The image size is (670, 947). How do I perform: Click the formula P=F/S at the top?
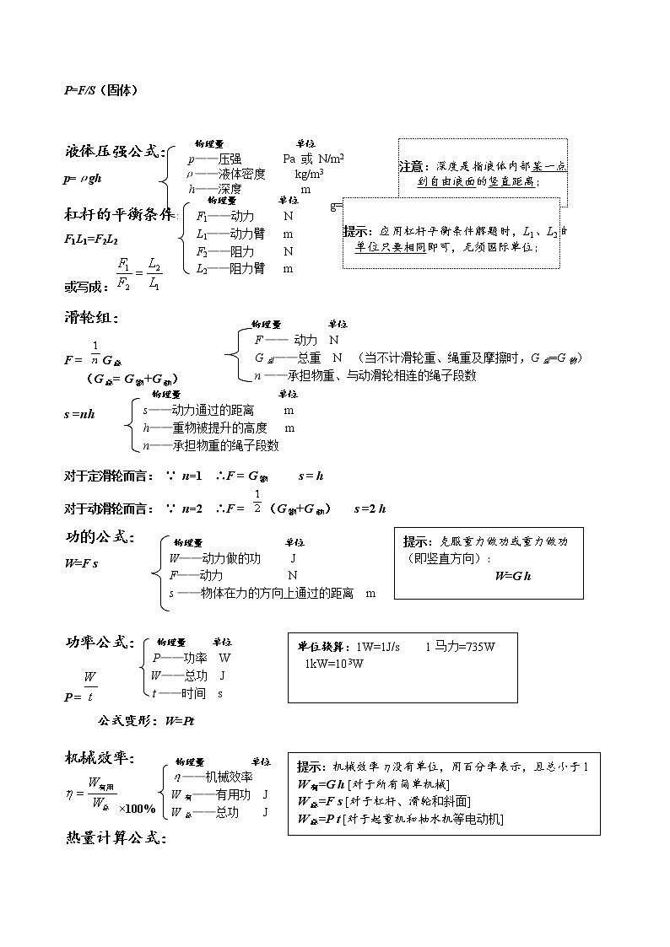(100, 90)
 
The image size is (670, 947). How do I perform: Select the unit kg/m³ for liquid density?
(309, 174)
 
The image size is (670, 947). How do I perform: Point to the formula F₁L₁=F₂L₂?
(91, 239)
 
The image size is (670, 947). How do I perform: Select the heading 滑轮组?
(91, 318)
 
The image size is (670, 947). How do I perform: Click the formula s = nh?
(79, 414)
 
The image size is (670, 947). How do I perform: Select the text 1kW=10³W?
(335, 664)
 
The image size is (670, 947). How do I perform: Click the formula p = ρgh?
(84, 179)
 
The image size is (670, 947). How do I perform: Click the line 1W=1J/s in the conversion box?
(378, 647)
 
